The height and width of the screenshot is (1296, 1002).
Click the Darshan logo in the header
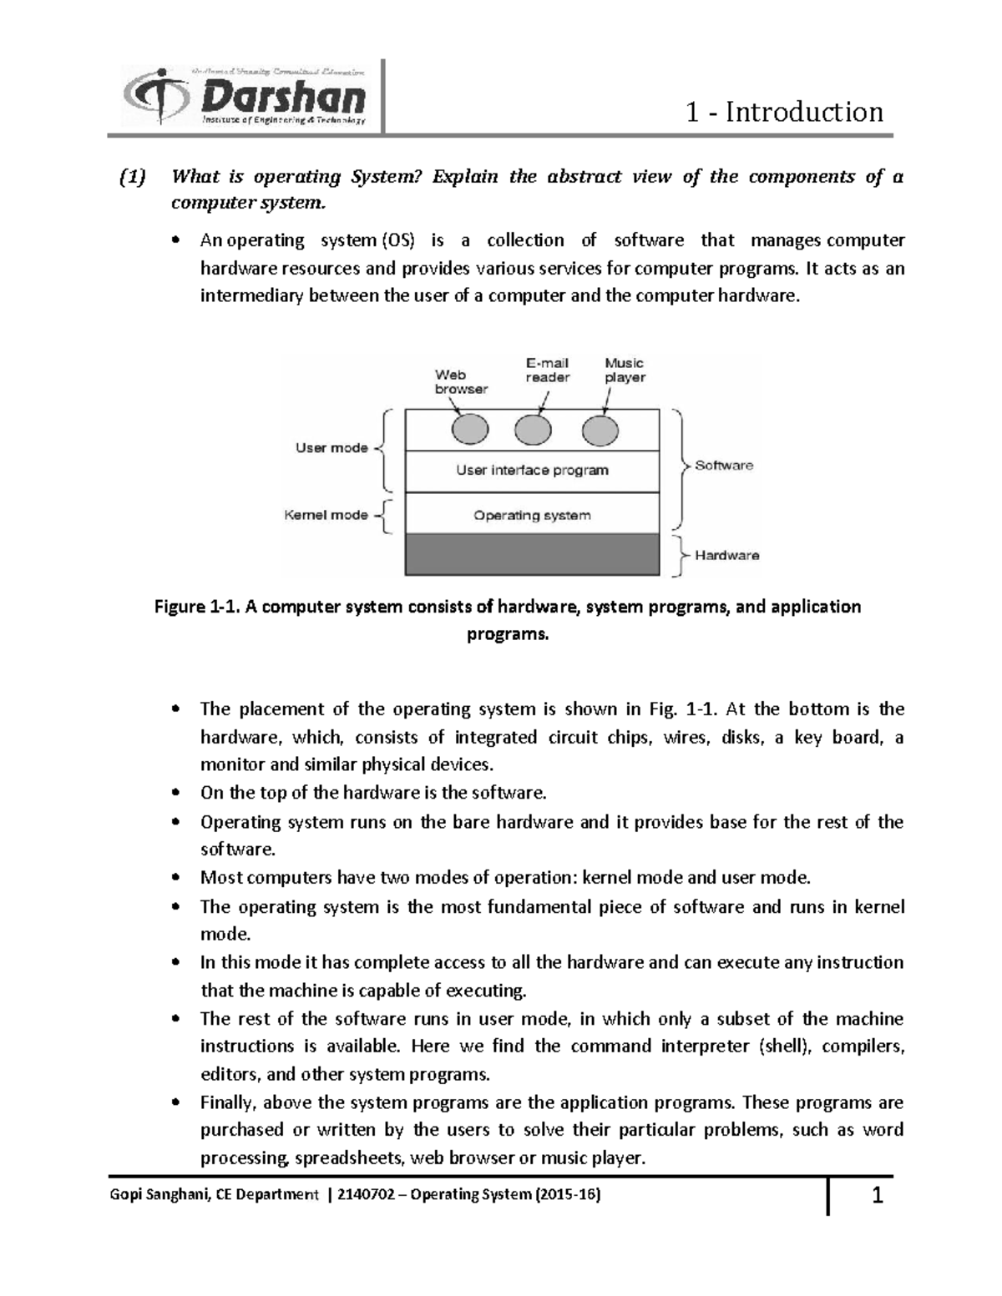click(245, 98)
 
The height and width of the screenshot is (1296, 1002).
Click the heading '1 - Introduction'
click(783, 112)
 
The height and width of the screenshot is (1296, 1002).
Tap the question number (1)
click(131, 177)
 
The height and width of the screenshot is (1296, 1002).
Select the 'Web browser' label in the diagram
click(460, 381)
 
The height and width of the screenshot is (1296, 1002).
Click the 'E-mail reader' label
click(547, 370)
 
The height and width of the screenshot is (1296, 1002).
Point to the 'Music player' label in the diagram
click(625, 370)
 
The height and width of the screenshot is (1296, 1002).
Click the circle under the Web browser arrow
click(469, 431)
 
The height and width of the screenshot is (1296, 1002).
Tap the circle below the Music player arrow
click(600, 431)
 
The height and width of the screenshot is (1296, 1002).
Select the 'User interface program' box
click(532, 471)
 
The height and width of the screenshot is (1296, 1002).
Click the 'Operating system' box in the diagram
click(532, 516)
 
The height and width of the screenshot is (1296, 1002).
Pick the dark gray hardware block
click(532, 555)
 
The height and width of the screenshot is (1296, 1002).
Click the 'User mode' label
click(331, 448)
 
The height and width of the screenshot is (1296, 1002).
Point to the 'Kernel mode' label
click(326, 515)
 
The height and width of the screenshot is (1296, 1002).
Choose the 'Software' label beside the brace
click(724, 466)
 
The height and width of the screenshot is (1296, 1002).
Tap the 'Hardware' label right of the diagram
click(726, 555)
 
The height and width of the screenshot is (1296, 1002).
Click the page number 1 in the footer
click(877, 1197)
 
